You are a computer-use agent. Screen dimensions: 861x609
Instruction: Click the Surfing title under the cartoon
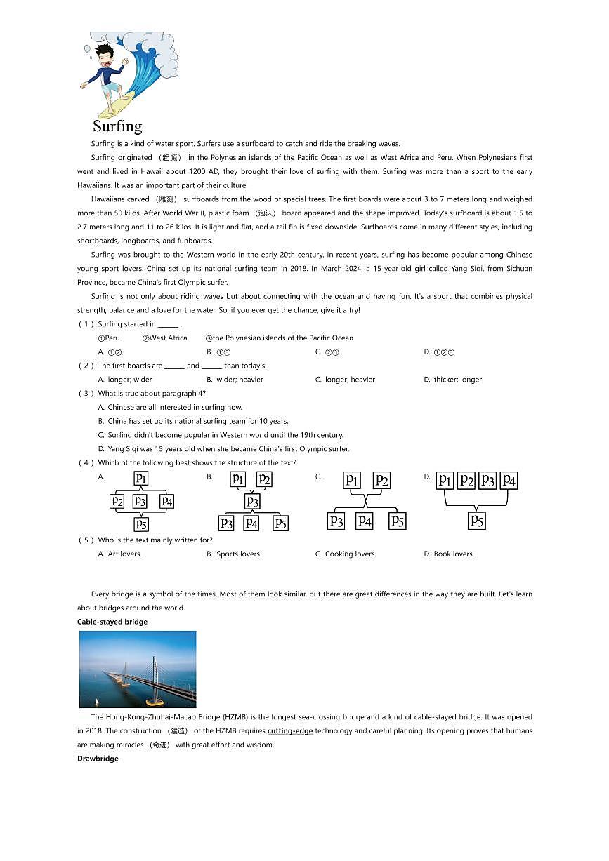pyautogui.click(x=117, y=126)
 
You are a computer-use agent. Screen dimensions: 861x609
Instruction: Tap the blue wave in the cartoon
pyautogui.click(x=146, y=70)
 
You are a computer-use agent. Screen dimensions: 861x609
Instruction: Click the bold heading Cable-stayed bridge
pyautogui.click(x=112, y=622)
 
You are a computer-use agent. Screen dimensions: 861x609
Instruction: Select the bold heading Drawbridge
pyautogui.click(x=98, y=759)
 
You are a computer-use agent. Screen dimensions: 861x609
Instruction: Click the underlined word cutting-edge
pyautogui.click(x=290, y=731)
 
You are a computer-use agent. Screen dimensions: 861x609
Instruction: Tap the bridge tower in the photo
pyautogui.click(x=153, y=670)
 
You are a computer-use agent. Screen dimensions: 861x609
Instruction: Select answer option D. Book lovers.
pyautogui.click(x=449, y=554)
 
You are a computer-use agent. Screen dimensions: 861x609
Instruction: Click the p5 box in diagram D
pyautogui.click(x=477, y=521)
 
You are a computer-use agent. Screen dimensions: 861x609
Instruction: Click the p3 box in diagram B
pyautogui.click(x=252, y=502)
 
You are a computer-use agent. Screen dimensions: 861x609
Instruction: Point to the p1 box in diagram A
pyautogui.click(x=141, y=479)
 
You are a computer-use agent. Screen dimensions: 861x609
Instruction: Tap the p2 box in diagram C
pyautogui.click(x=381, y=480)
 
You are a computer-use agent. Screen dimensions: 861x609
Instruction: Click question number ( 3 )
pyautogui.click(x=85, y=394)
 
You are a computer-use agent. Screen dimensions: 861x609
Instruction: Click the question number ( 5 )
pyautogui.click(x=85, y=540)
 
